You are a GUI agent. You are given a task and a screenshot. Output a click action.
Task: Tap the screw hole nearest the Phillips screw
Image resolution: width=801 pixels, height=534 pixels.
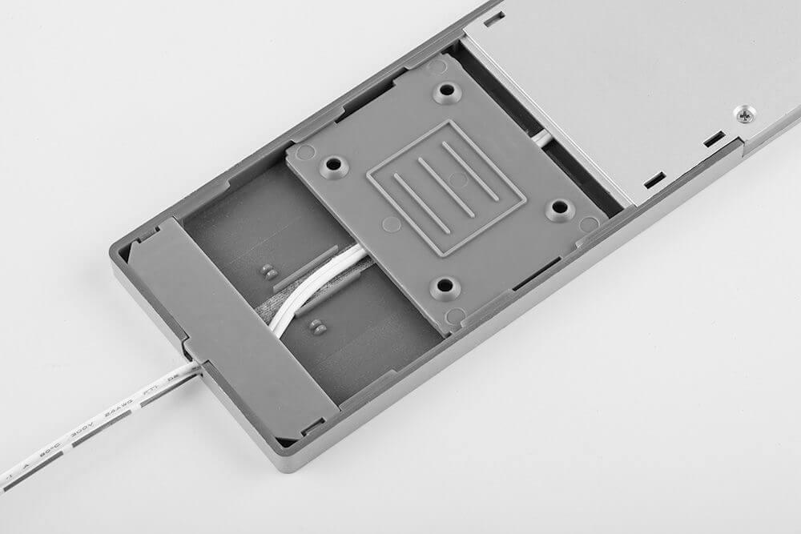point(560,211)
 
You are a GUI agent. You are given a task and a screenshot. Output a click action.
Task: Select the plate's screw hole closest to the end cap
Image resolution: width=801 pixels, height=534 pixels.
point(332,166)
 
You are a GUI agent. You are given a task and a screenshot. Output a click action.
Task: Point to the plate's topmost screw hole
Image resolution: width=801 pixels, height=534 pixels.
point(446,92)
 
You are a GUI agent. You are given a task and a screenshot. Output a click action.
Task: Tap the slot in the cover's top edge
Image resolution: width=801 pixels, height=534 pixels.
point(494,15)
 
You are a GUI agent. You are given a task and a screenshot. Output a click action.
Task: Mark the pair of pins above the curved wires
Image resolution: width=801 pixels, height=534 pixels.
point(268,270)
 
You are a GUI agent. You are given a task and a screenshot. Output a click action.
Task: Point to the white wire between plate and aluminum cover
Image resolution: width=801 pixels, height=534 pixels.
point(542,139)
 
